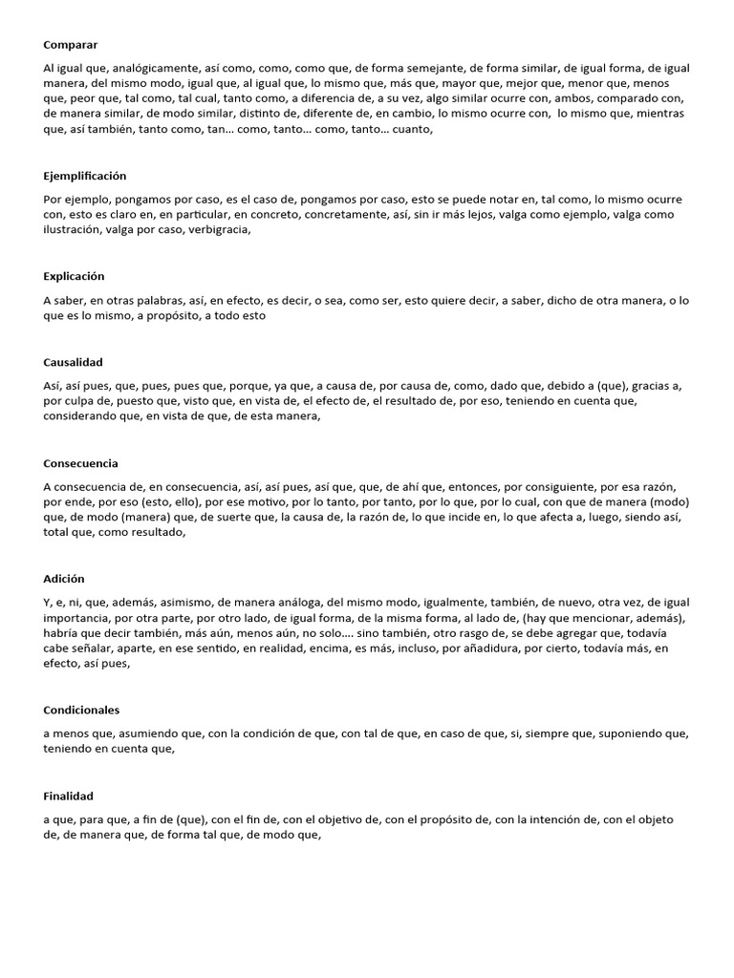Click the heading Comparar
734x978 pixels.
click(71, 45)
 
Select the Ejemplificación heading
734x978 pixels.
click(85, 176)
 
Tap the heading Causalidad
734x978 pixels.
click(73, 362)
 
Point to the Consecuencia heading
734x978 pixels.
click(81, 463)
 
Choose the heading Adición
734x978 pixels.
click(64, 579)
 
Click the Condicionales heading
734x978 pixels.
click(81, 710)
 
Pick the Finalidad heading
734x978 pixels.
click(69, 796)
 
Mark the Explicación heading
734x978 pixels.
click(74, 276)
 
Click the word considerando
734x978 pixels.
click(81, 415)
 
